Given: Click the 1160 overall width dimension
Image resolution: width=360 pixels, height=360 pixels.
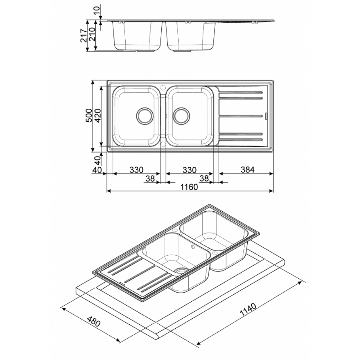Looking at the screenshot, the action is coord(189,187).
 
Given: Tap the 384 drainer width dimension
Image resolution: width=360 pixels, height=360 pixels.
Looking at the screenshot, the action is coord(248,170).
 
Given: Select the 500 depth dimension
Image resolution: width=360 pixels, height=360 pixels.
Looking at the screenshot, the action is coord(89,115).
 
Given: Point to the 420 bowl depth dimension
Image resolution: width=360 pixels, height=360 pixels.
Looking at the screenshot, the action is coord(97,116).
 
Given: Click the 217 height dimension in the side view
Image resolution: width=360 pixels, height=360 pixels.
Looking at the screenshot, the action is coord(84,36).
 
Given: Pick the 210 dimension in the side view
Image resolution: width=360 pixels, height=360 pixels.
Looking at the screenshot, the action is coord(92,34).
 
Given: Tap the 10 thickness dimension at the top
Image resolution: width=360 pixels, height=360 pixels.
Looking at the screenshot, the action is coord(97,10).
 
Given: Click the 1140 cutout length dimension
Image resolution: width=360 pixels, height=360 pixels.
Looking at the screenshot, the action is coord(248,310).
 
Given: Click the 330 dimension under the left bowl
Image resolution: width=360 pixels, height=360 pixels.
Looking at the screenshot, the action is coord(136,170).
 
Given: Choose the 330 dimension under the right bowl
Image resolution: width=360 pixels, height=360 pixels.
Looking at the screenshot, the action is coord(189,170).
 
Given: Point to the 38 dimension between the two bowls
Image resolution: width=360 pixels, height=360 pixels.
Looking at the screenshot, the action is coord(150,179).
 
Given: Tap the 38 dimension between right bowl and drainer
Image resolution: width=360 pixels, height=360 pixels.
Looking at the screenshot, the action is coord(204,178).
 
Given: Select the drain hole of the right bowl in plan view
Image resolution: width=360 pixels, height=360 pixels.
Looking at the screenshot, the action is coord(181,116).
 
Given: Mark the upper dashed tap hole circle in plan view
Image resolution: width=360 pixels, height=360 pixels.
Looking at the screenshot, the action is coord(163,87).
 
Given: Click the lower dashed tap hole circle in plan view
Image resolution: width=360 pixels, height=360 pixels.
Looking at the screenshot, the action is coord(163,144).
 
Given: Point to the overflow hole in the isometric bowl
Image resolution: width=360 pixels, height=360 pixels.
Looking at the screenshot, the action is coord(192,247).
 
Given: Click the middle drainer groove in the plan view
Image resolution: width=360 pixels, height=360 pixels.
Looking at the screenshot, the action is coord(240,116).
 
